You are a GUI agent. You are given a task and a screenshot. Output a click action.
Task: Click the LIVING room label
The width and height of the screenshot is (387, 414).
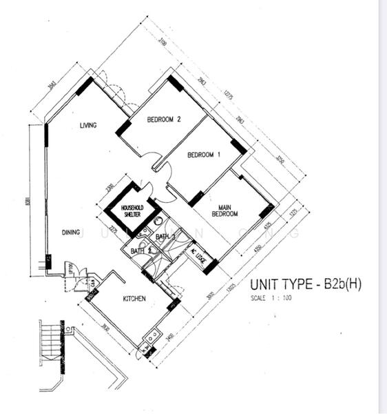coord(87,125)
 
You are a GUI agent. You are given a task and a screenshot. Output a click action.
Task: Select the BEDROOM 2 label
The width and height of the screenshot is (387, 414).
coord(164,119)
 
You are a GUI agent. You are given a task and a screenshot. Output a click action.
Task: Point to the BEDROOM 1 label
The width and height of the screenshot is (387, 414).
coord(204,154)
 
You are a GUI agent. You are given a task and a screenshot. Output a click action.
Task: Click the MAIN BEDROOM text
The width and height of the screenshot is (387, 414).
coord(228,210)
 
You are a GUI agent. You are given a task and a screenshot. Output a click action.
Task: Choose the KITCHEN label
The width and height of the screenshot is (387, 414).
coord(135,299)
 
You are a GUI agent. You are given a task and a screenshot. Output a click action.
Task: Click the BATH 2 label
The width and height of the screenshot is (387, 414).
coord(140,250)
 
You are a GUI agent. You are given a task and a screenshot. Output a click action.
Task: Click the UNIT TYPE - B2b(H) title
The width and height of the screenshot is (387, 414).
coord(305,284)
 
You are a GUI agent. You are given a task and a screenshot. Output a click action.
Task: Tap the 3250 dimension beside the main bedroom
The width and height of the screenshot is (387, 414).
coord(280,166)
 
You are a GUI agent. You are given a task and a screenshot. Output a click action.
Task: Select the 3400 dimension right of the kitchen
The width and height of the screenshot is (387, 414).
coord(169,337)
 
